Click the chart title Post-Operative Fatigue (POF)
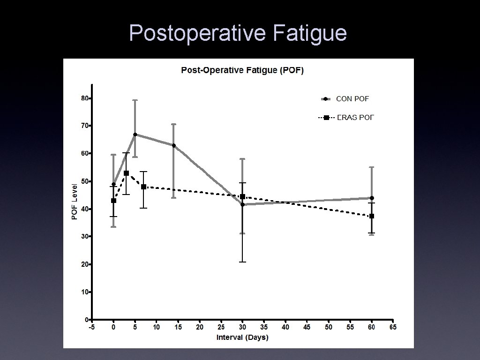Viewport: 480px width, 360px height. coord(242,71)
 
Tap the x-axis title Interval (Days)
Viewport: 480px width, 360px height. coord(242,337)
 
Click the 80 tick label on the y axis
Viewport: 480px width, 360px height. coord(84,98)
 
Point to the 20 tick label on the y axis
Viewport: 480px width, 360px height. coord(84,264)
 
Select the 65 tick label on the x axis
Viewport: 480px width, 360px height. coord(393,327)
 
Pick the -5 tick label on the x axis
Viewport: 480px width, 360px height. coord(92,327)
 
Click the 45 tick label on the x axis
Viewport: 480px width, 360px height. coord(307,327)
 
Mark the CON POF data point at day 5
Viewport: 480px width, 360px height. coord(135,135)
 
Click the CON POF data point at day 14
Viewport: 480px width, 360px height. coord(174,145)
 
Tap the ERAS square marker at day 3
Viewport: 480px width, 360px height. coord(127,173)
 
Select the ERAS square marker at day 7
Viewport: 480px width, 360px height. coord(143,187)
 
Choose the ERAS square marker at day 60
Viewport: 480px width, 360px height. coord(372,216)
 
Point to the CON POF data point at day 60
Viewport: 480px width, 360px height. coord(372,198)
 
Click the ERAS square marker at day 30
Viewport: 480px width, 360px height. coord(242,197)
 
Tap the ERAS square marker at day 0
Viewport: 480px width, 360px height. coord(113,201)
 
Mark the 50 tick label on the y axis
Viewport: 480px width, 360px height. coord(84,181)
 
